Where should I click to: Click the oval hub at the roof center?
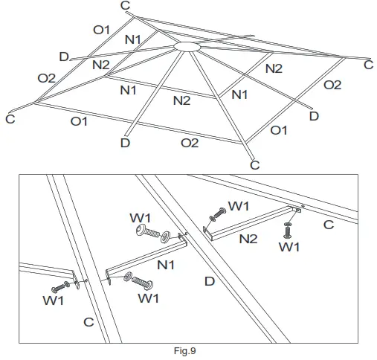coord(186,47)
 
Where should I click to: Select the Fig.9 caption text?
coord(183,350)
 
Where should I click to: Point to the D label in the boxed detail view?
coord(210,280)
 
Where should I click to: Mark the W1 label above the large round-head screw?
coord(142,217)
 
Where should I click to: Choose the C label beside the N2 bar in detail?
coord(328,225)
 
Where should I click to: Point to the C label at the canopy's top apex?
coord(125,6)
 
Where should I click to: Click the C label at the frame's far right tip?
coord(367,65)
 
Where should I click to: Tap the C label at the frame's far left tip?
coord(10,118)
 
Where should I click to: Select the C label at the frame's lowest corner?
coord(254,164)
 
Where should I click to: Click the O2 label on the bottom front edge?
coord(190,142)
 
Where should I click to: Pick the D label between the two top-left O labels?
coord(64,57)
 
